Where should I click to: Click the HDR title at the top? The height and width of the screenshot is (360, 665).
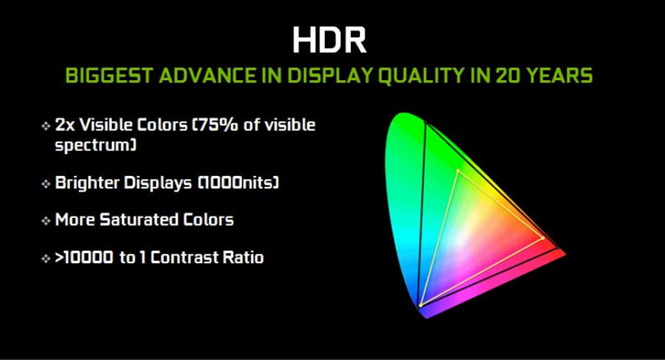coord(329,40)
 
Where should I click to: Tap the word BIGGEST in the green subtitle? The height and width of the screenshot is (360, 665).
coord(109,76)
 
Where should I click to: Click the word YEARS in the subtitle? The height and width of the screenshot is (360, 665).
coord(560,76)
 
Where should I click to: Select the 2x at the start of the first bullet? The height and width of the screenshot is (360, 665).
coord(65,125)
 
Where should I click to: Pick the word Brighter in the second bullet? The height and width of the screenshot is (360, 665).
coord(88,182)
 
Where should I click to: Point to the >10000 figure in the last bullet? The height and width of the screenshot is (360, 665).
coord(84,257)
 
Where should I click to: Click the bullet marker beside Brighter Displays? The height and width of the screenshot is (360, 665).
coord(46,184)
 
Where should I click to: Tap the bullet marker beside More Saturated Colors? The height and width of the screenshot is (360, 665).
coord(46,221)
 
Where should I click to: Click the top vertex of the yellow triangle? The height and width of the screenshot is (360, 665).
coord(458,171)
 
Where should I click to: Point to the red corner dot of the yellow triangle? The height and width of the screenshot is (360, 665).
coord(543,238)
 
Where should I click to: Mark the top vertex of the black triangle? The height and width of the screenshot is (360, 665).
coord(426,123)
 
